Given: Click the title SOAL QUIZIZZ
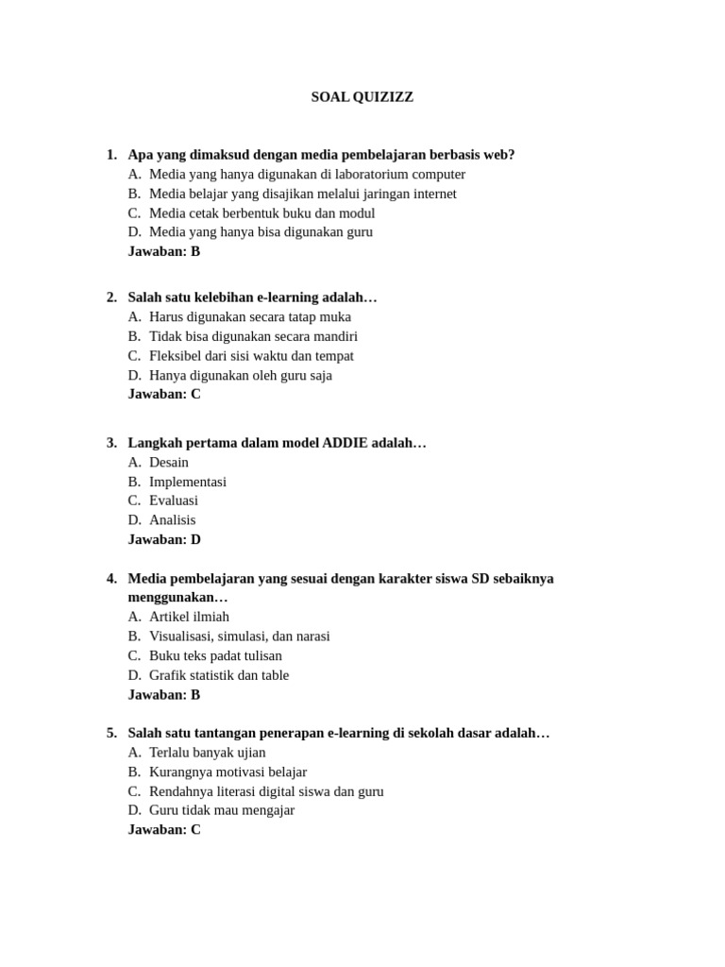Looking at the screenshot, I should pos(362,97).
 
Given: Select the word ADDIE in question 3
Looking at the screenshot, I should pos(346,443).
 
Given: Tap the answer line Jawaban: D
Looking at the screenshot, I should pos(164,539).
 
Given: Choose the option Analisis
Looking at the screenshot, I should pos(173,520).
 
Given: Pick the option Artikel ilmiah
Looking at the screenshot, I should pos(189,617).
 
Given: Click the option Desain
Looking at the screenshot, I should pos(169,462).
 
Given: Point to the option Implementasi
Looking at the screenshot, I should pos(188,482).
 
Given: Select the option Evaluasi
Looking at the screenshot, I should pos(174,500).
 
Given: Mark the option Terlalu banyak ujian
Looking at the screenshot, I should pos(208,753).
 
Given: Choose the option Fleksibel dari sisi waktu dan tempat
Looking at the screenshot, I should pos(251,356).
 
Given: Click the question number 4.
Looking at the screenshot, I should pos(111,578).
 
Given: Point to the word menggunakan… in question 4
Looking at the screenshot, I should pos(178,598).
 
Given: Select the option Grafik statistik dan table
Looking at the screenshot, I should pos(219,675).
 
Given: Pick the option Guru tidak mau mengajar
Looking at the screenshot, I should pos(222,810).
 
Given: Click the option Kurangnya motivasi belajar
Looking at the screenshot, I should pos(228,772).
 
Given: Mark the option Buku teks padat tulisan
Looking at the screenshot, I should pos(215,655).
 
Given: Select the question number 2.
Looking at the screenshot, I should pos(111,297).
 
